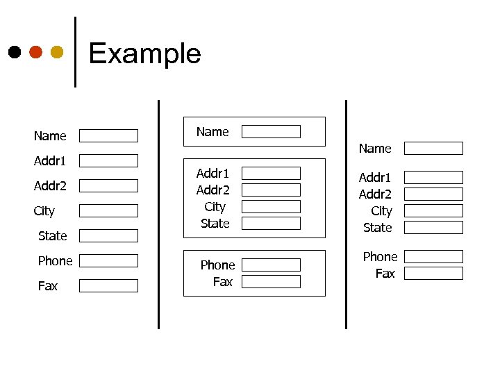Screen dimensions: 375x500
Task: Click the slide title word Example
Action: pos(144,53)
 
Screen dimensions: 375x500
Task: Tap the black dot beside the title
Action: pos(14,52)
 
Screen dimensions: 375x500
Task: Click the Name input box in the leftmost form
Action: pos(108,135)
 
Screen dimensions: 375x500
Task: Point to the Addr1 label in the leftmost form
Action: pos(50,161)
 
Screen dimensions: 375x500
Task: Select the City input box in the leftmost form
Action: pos(108,210)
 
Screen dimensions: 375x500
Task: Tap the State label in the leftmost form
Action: pos(53,236)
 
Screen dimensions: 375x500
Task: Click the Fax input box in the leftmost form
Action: pos(108,285)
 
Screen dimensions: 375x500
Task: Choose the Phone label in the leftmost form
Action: pos(55,261)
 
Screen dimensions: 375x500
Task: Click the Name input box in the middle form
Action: pos(271,131)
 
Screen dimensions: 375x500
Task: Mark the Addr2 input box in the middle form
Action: pos(271,190)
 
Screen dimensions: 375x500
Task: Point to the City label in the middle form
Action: pos(215,207)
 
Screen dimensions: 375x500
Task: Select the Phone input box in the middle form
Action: pos(271,265)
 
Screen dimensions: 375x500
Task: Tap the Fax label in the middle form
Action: pos(223,282)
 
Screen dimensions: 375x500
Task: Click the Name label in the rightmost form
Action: pos(375,149)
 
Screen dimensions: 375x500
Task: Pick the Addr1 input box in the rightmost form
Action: pos(433,177)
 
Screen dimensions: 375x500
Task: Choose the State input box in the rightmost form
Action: pos(433,227)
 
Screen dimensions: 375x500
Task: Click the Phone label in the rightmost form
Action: pos(380,257)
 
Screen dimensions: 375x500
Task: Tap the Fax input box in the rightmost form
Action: pos(433,273)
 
